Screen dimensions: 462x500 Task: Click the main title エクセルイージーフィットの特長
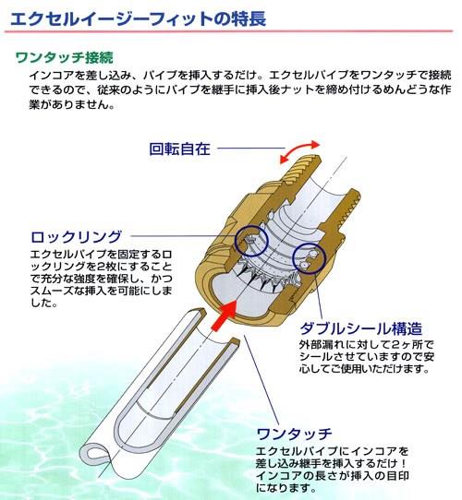[x=138, y=18]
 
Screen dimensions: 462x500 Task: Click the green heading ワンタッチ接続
[x=65, y=58]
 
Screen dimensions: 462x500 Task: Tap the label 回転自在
[x=180, y=149]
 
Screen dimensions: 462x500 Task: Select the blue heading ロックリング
[x=77, y=237]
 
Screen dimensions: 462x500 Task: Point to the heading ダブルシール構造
[x=361, y=328]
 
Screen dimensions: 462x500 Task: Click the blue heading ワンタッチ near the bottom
[x=294, y=434]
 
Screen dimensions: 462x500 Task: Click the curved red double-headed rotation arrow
[x=299, y=150]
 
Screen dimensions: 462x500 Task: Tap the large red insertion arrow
[x=225, y=315]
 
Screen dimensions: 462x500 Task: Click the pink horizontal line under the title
[x=228, y=31]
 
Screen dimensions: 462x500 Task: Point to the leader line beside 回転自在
[x=251, y=148]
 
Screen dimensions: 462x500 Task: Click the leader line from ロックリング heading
[x=184, y=236]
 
